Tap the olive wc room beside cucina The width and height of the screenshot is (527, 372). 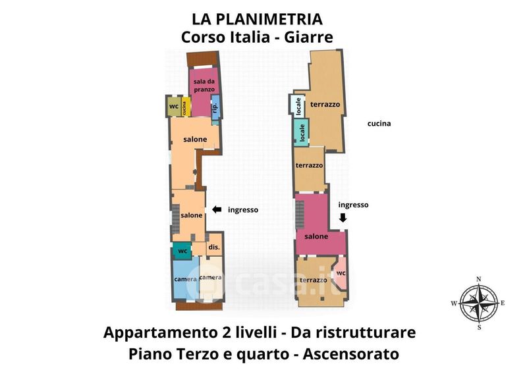tap(174, 107)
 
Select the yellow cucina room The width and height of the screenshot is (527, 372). tap(186, 107)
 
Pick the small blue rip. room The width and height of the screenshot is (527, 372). tap(215, 107)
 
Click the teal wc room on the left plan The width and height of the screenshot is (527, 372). tap(182, 251)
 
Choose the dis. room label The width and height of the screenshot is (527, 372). tap(214, 247)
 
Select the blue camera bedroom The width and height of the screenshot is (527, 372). tap(186, 279)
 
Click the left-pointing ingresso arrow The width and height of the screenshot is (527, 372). tap(217, 209)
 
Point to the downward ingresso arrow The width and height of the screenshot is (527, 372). tap(343, 217)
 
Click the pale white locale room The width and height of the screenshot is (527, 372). tap(298, 105)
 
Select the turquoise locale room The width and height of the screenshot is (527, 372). tap(302, 132)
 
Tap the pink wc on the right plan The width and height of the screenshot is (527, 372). tap(341, 273)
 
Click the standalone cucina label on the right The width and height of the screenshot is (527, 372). tap(379, 123)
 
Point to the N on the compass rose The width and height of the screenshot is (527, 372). tap(479, 279)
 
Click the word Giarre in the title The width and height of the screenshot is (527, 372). tap(308, 37)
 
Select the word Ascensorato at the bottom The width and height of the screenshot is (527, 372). tap(351, 354)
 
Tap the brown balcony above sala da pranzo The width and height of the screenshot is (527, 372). tap(204, 59)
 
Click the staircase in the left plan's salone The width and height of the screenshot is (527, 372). tap(176, 219)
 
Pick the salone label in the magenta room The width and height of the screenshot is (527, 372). tap(316, 236)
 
